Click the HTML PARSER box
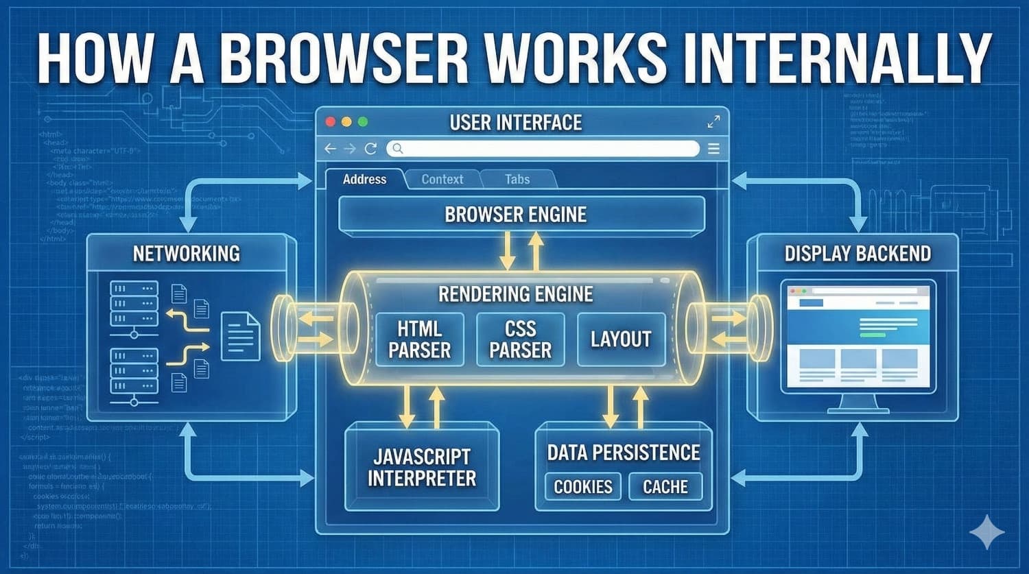pyautogui.click(x=420, y=339)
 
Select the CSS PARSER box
pyautogui.click(x=520, y=339)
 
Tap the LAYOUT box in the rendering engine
pyautogui.click(x=621, y=339)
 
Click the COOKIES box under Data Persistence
pyautogui.click(x=582, y=487)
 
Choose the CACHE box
pyautogui.click(x=665, y=487)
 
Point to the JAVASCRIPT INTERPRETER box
pyautogui.click(x=422, y=467)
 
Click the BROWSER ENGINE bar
pyautogui.click(x=521, y=215)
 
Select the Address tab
pyautogui.click(x=364, y=180)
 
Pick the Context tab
pyautogui.click(x=442, y=180)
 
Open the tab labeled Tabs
pyautogui.click(x=517, y=180)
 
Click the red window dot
pyautogui.click(x=330, y=122)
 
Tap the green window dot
pyautogui.click(x=363, y=122)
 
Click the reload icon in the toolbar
pyautogui.click(x=371, y=149)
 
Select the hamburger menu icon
pyautogui.click(x=713, y=149)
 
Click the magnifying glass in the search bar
pyautogui.click(x=398, y=149)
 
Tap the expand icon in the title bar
pyautogui.click(x=713, y=122)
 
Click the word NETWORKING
pyautogui.click(x=187, y=254)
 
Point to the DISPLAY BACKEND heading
pyautogui.click(x=858, y=254)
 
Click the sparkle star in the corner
pyautogui.click(x=986, y=531)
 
